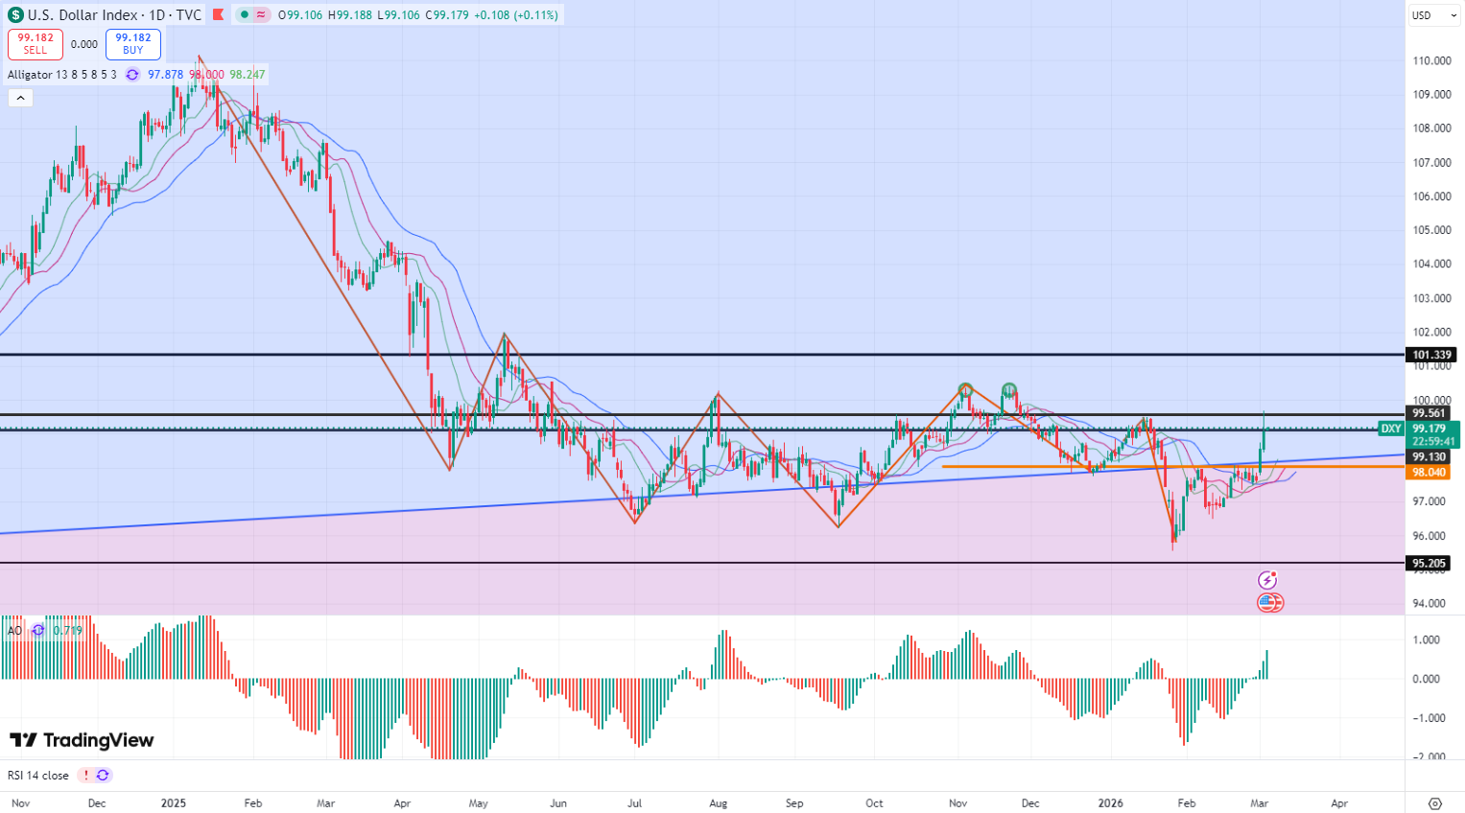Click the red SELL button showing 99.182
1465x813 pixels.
click(x=35, y=44)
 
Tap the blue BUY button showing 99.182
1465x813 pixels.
click(x=133, y=44)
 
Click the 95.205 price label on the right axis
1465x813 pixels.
click(x=1430, y=563)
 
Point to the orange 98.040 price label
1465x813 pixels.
click(x=1430, y=473)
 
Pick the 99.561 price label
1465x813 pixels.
click(x=1430, y=414)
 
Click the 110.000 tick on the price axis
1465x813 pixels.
click(x=1431, y=60)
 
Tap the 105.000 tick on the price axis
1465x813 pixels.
click(x=1431, y=230)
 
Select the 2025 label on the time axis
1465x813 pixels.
click(x=173, y=803)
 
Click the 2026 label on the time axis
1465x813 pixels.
click(x=1111, y=803)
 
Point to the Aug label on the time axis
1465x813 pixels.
click(x=718, y=803)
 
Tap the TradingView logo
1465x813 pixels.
click(x=82, y=740)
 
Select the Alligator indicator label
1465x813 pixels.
click(x=61, y=75)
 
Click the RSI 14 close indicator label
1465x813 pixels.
click(x=38, y=776)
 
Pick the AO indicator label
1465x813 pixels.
click(x=14, y=630)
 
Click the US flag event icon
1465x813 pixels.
click(x=1269, y=603)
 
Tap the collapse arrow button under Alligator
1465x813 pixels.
click(x=20, y=98)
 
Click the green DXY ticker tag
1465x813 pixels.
click(x=1390, y=429)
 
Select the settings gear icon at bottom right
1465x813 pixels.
click(x=1435, y=803)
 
